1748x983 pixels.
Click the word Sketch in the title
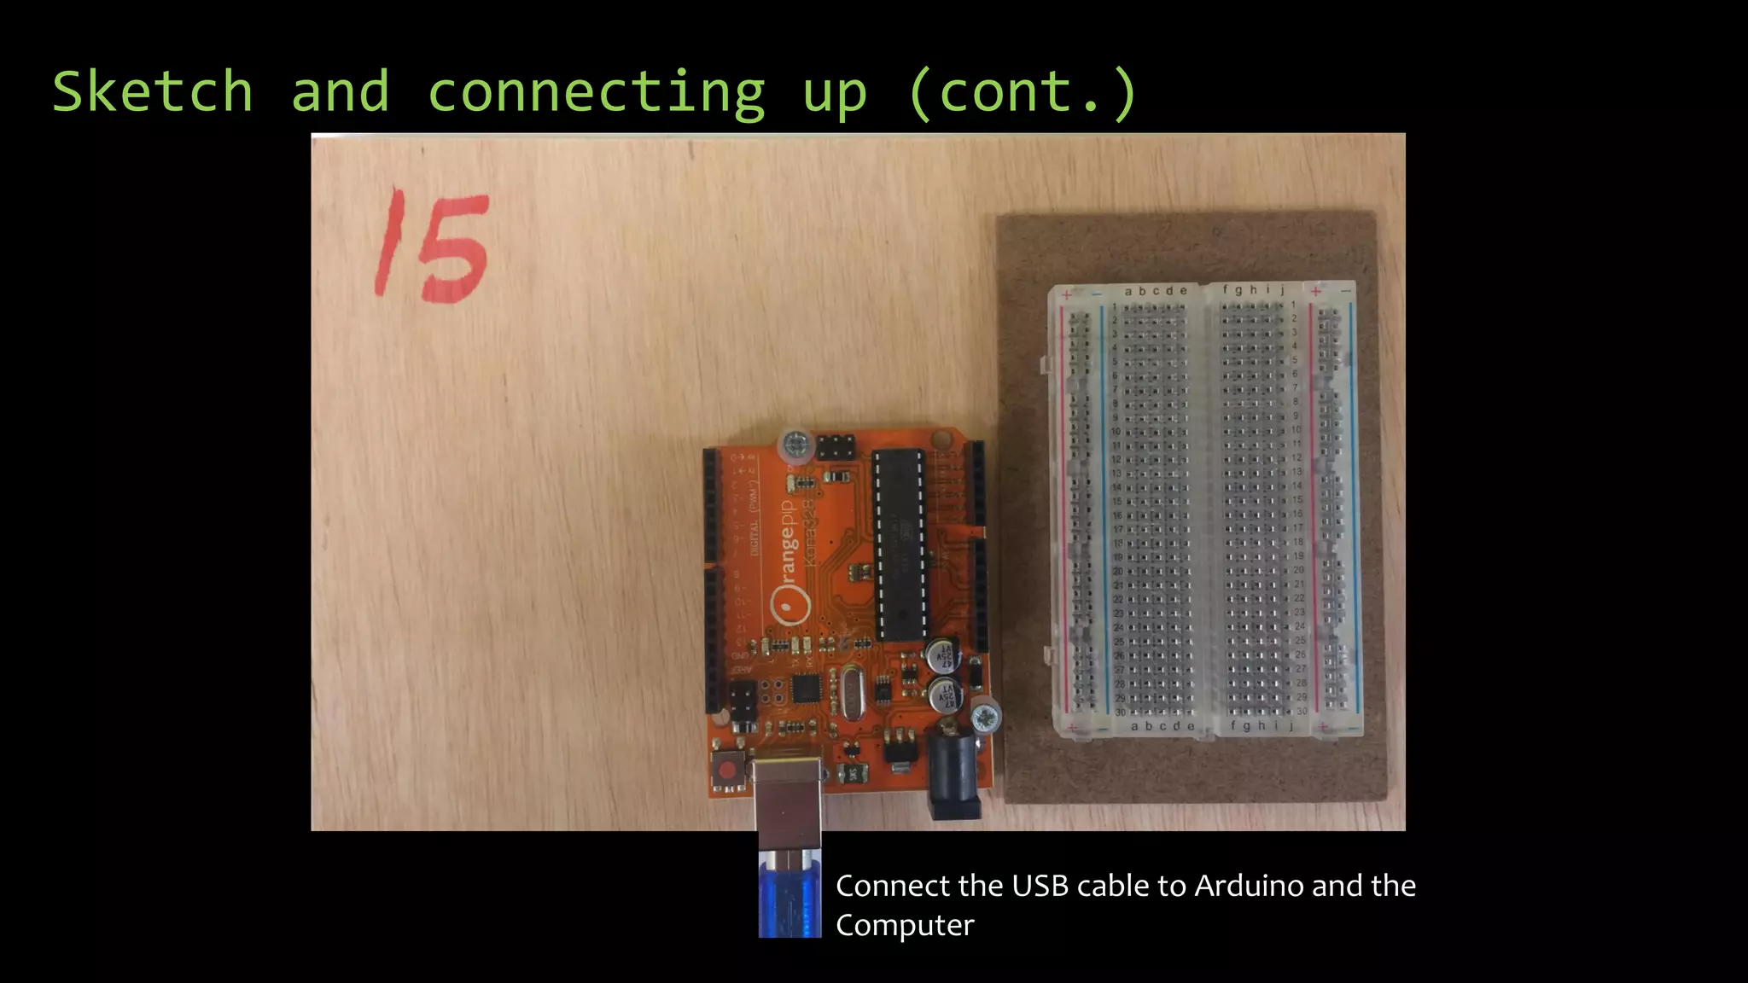coord(153,91)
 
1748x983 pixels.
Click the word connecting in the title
coord(596,93)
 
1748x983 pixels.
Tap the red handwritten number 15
coord(433,247)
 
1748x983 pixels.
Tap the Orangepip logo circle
coord(790,606)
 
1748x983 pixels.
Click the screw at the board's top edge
coord(795,445)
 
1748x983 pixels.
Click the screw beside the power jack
coord(986,715)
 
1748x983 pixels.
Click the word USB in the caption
coord(1040,886)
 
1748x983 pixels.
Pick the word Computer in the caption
coord(905,925)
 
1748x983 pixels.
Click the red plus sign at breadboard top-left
coord(1066,295)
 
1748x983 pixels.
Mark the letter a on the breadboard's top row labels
coord(1128,292)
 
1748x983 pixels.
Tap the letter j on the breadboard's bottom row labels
coord(1291,725)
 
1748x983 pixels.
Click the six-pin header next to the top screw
coord(836,446)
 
